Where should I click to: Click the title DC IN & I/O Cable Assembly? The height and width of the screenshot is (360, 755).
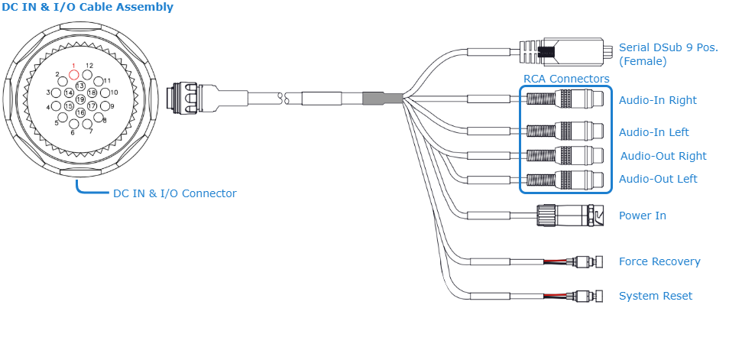pos(87,8)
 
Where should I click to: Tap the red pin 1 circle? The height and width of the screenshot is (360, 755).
pos(74,75)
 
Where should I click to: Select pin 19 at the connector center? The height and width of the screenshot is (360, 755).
pos(80,99)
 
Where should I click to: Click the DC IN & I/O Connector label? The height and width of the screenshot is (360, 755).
pos(174,193)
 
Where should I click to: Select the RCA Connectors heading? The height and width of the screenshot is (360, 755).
pos(566,79)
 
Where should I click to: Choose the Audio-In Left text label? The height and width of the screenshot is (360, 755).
pos(653,132)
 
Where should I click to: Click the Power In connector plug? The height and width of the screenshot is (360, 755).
pos(569,216)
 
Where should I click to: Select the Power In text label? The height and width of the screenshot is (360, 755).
pos(642,216)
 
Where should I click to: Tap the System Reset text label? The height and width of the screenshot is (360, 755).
pos(655,296)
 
